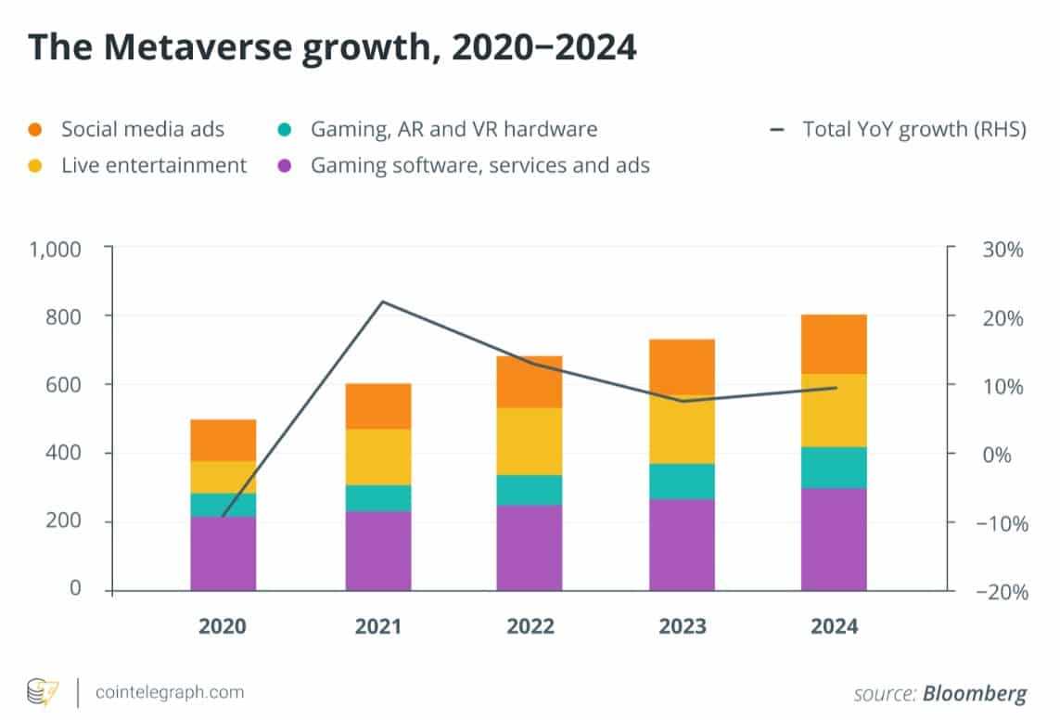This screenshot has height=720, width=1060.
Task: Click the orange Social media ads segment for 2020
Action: pos(223,440)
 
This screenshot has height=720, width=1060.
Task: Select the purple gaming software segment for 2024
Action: pos(834,538)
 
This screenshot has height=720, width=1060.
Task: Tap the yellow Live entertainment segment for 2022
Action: pos(529,441)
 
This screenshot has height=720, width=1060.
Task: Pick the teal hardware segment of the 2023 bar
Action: pos(682,481)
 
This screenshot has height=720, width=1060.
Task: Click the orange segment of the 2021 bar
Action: pos(377,405)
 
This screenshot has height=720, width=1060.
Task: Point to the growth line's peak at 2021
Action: pos(383,302)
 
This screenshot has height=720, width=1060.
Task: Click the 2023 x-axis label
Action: pos(682,626)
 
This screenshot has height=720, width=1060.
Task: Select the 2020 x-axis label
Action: pos(223,626)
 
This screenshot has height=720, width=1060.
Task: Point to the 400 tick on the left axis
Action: pos(66,453)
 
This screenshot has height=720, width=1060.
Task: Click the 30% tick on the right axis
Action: pos(1003,250)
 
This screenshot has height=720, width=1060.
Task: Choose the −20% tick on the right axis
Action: pos(997,591)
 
